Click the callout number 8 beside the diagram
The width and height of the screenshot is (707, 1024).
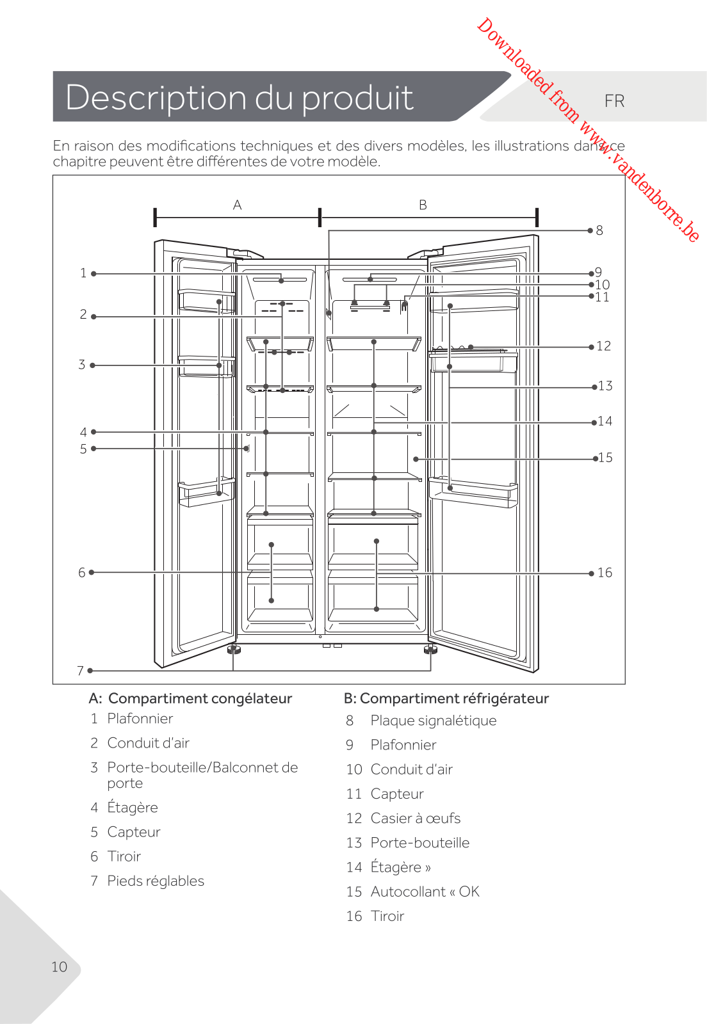(599, 230)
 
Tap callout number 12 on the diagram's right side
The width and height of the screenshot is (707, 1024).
(604, 346)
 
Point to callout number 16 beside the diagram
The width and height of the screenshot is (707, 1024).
(605, 573)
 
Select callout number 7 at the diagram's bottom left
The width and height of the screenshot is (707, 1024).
(81, 671)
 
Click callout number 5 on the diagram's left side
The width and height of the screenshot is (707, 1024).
(83, 449)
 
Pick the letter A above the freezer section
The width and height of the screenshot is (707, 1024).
(238, 205)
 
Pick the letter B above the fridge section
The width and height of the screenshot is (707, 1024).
(423, 205)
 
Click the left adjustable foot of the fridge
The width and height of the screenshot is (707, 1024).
(234, 650)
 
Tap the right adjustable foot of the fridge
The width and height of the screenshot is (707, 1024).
(430, 650)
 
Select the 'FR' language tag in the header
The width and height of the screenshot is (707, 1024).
(614, 101)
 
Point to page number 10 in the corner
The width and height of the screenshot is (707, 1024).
(59, 966)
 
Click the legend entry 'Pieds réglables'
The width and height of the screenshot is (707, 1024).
(156, 881)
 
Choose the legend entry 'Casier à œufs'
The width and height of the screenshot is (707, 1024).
(415, 818)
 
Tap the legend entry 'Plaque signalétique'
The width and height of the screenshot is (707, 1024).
(433, 721)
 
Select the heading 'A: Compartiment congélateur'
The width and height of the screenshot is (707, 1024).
(190, 698)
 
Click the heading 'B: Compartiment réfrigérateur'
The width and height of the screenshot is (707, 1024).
(446, 698)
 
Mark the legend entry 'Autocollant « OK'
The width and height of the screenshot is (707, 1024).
(425, 892)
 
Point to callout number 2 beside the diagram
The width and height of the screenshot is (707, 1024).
(83, 314)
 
